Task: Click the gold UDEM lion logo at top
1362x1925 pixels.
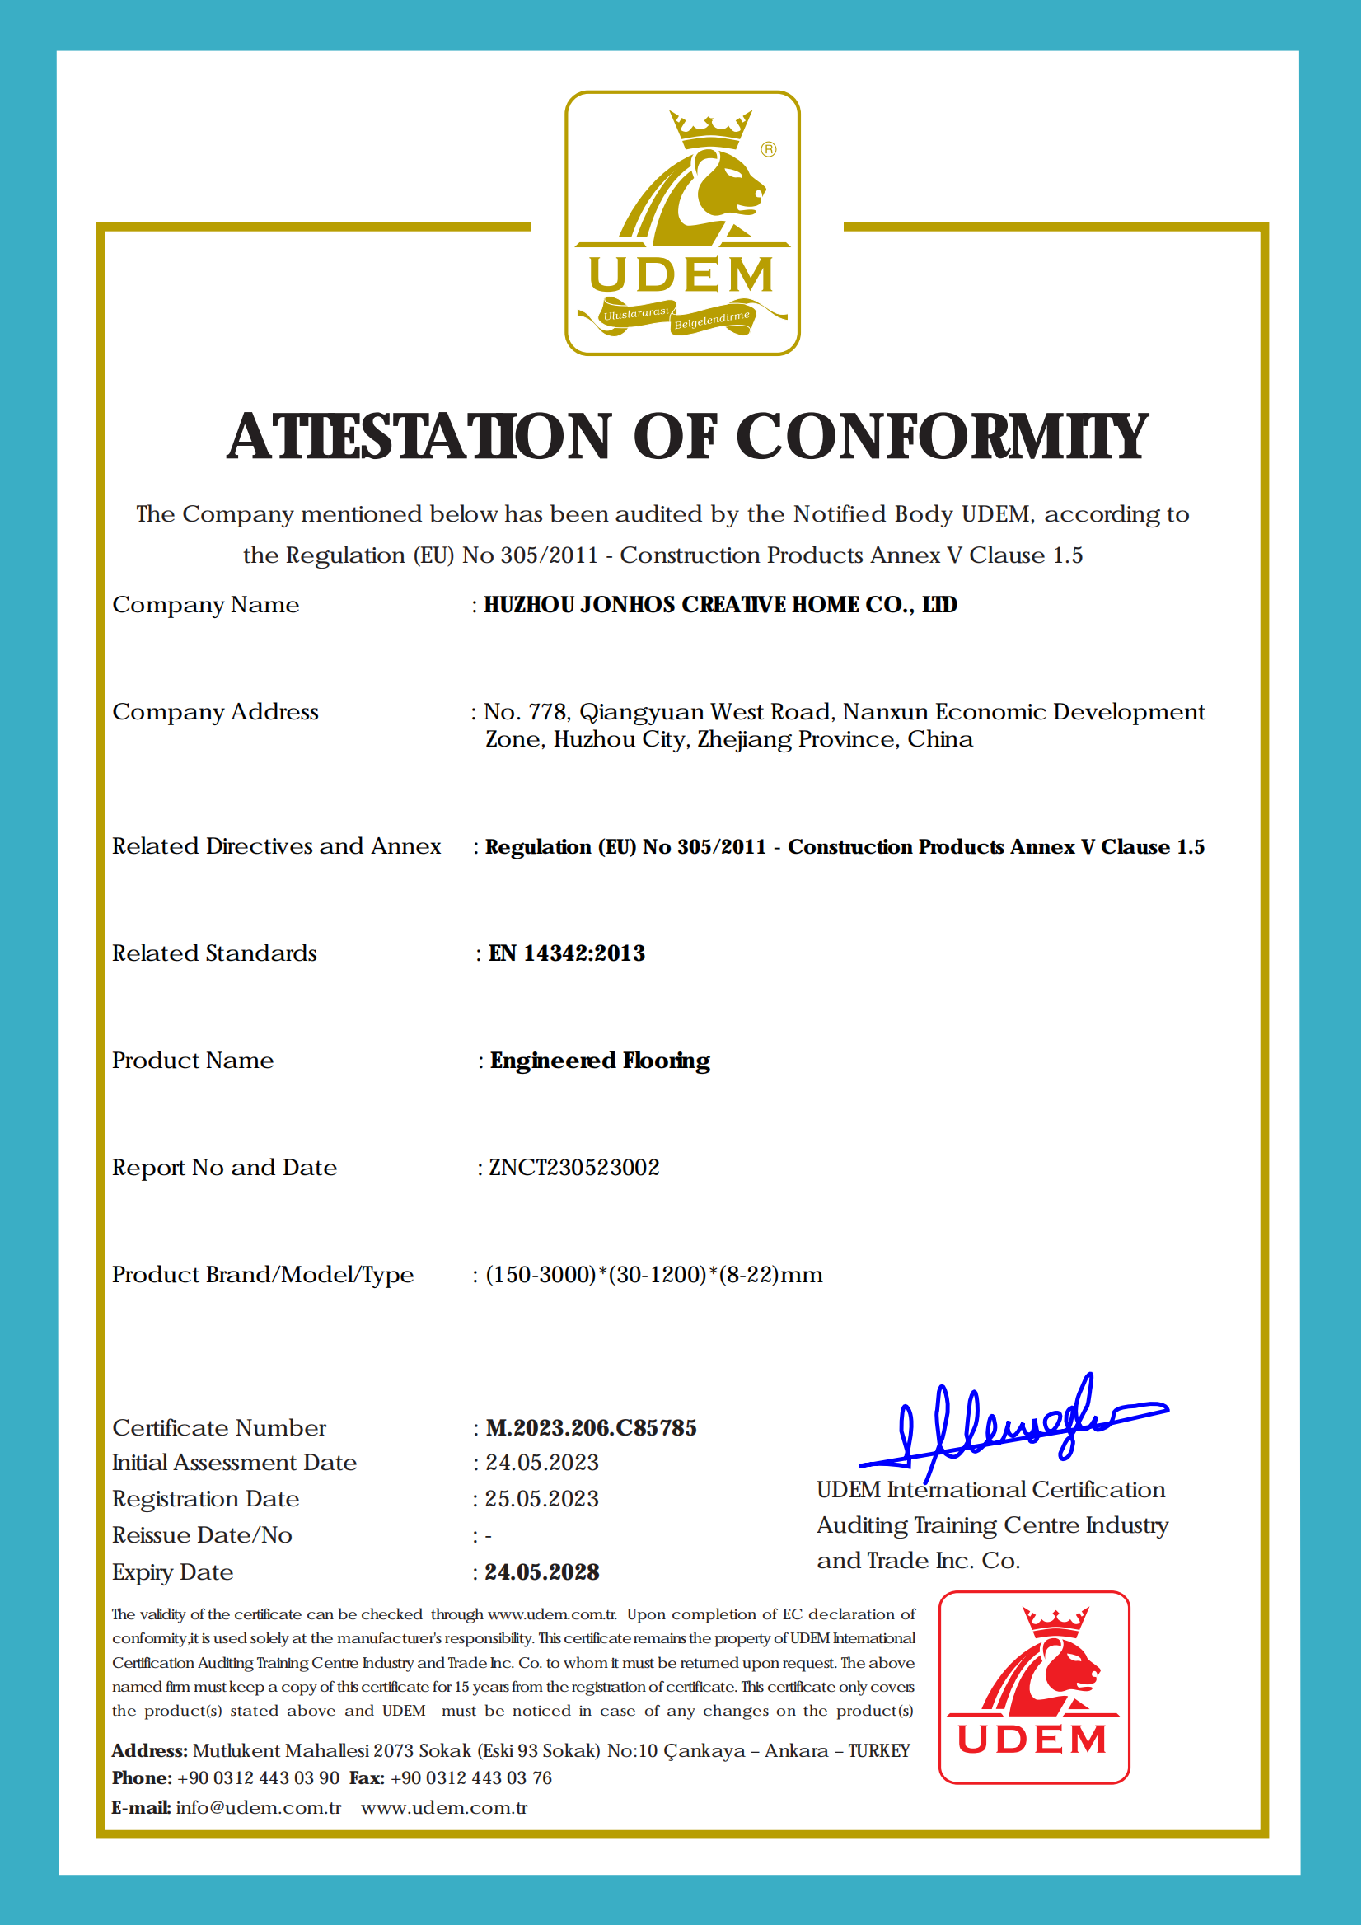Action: click(x=682, y=223)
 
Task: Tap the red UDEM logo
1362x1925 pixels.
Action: click(x=1033, y=1686)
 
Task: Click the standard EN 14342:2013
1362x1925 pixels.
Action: click(x=567, y=953)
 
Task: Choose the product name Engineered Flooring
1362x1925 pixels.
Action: click(x=600, y=1061)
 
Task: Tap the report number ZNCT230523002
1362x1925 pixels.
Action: click(x=573, y=1168)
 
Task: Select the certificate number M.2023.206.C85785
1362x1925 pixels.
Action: click(x=592, y=1427)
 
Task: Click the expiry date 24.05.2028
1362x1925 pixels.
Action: click(x=542, y=1571)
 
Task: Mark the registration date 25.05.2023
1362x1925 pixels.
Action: click(x=542, y=1499)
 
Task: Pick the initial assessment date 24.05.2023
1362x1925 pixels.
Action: click(x=542, y=1463)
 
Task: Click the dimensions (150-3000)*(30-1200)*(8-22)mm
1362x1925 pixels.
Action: click(x=653, y=1275)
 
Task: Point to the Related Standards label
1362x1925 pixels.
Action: click(x=215, y=953)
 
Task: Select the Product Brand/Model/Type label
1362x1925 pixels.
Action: click(x=263, y=1275)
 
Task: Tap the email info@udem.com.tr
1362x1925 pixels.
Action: click(x=259, y=1807)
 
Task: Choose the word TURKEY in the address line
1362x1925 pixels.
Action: click(x=878, y=1751)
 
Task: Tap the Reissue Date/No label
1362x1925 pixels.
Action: click(x=202, y=1535)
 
